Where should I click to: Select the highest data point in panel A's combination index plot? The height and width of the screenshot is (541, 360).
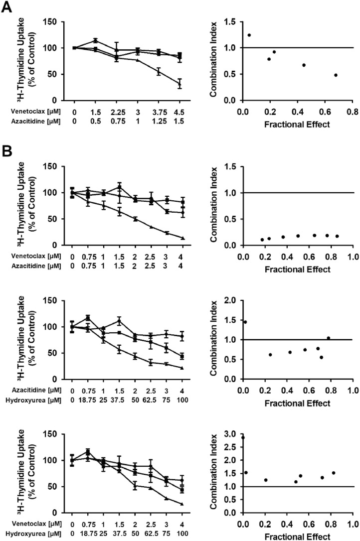pos(249,35)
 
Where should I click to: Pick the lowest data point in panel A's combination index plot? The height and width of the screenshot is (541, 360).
pos(336,75)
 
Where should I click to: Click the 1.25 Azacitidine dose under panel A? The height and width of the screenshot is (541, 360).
pos(159,121)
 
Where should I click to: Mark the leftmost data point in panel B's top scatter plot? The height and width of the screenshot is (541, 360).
pos(262,240)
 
